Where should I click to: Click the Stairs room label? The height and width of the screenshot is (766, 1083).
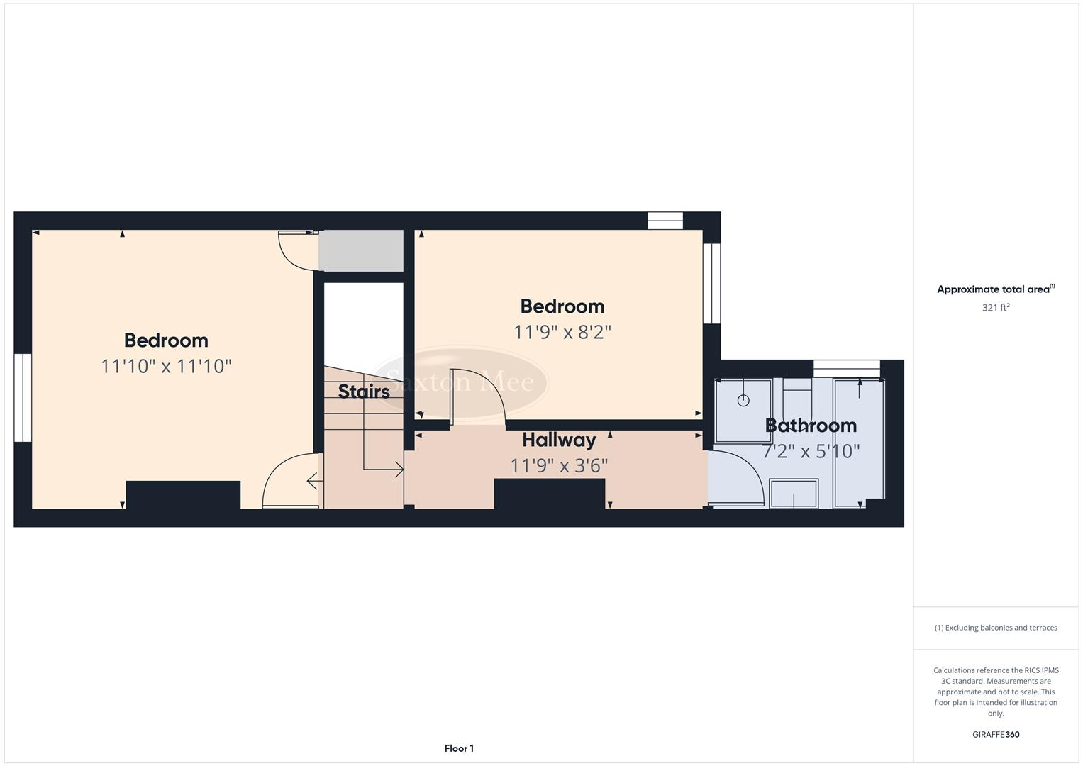[x=363, y=391]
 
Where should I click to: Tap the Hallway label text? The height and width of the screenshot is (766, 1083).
[x=559, y=440]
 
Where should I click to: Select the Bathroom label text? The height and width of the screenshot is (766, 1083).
[x=811, y=426]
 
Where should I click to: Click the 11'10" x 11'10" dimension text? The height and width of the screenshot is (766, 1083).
[x=166, y=366]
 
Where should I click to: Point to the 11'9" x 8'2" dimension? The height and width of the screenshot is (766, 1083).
[x=562, y=332]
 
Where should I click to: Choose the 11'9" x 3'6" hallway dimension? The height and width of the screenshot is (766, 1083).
[x=559, y=465]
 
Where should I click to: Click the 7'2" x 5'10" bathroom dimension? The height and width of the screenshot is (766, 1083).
[x=811, y=451]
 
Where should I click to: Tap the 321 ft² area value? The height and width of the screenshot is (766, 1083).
[x=995, y=308]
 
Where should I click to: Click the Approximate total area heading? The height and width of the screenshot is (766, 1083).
[x=995, y=289]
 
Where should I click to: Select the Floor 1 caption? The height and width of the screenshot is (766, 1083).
[x=459, y=748]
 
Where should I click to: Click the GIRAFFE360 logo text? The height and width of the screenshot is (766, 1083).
[x=995, y=735]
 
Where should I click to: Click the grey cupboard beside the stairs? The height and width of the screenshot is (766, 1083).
[x=361, y=250]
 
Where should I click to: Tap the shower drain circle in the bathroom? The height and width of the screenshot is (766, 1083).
[x=743, y=401]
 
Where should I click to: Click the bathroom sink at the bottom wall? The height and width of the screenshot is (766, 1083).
[x=794, y=494]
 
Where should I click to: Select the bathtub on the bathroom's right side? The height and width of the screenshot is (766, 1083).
[x=859, y=443]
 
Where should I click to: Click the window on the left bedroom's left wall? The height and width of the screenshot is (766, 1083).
[x=23, y=397]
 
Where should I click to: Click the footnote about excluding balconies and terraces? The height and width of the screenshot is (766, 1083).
[x=995, y=628]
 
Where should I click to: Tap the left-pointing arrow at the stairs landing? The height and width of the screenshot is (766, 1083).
[x=313, y=482]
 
